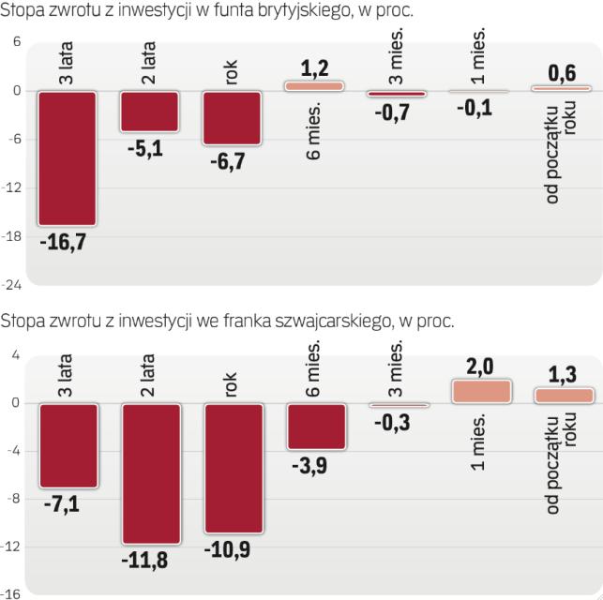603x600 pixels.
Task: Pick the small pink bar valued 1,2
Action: (x=314, y=85)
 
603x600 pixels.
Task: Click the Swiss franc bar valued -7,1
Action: (x=67, y=445)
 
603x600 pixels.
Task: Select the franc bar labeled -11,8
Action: (x=149, y=472)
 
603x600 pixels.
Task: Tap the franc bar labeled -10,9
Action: (x=232, y=468)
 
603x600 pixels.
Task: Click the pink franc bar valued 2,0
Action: (x=481, y=392)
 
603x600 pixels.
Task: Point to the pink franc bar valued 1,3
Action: (x=564, y=396)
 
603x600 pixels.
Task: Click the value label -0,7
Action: (x=397, y=112)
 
